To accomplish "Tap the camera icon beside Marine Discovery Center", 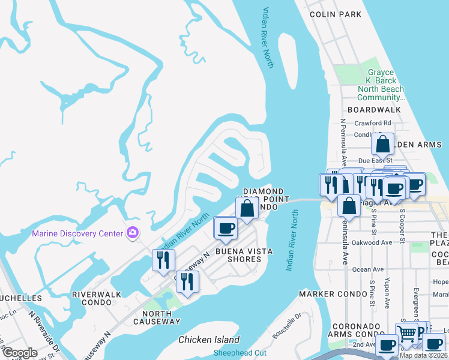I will coord(133,233).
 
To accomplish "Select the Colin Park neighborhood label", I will coord(336,14).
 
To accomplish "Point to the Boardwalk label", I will coord(373,110).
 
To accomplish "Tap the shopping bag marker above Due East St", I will coord(382,145).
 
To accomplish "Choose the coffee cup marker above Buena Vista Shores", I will coord(226,229).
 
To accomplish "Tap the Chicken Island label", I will coord(209,340).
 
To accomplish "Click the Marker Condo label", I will coord(333,294).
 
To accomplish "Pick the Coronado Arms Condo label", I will coord(357,330).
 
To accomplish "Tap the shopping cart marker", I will coord(407,333).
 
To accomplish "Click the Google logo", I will coord(20,353).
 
